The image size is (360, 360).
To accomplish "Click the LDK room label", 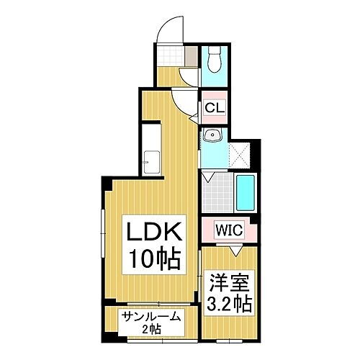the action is click(154, 231).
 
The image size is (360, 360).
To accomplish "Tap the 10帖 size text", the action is click(155, 259).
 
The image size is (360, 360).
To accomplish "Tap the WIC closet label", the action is click(229, 230).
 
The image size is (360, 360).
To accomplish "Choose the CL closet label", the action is click(215, 108).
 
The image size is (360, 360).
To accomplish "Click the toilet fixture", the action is click(215, 59).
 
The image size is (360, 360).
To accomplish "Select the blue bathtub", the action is click(246, 193).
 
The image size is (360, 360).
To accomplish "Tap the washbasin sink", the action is click(212, 135).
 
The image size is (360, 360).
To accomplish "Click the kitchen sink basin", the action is click(151, 163).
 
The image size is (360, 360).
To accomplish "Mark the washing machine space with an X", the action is click(239, 155).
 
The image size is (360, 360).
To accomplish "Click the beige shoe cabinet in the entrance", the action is click(191, 56).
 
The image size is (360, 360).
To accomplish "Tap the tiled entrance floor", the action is click(170, 56).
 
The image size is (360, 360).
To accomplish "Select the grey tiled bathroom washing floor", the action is click(217, 193).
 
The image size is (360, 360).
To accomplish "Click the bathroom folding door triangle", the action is click(207, 177).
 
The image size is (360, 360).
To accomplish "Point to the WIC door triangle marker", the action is click(236, 251).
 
